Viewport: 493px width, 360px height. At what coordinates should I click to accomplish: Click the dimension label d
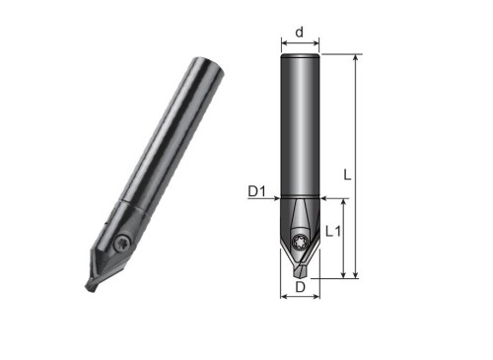[299, 33]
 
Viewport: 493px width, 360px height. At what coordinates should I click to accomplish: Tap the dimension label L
[347, 175]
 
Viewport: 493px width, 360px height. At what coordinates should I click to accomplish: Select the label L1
[333, 232]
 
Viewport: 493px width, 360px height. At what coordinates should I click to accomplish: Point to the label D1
[256, 191]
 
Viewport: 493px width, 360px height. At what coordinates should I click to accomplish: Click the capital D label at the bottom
[300, 287]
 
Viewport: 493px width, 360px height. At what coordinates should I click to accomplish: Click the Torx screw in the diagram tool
[299, 240]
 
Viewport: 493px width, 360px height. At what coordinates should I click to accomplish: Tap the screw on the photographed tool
[123, 244]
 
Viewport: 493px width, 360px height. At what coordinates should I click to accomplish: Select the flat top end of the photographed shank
[209, 67]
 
